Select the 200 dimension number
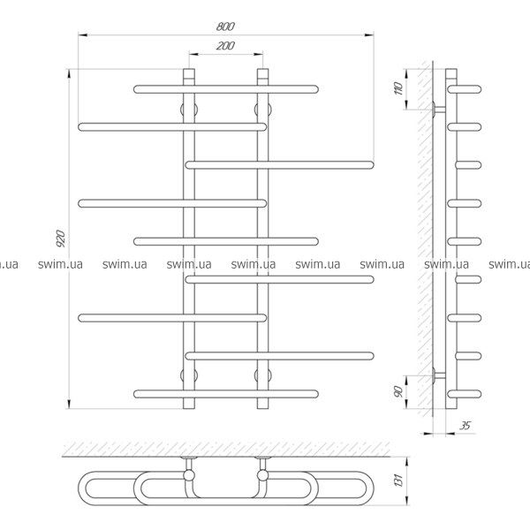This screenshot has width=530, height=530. point(224,46)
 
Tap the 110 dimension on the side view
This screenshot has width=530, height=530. point(398,87)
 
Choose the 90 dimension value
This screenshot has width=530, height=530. point(398,390)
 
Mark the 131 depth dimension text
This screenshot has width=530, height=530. point(398,481)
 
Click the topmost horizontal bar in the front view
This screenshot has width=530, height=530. point(225,88)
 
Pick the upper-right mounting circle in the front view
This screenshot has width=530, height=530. point(261,110)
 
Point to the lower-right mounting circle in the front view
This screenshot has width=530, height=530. point(261,375)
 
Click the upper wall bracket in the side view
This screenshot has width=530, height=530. point(438,110)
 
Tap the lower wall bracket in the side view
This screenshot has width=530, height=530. point(438,375)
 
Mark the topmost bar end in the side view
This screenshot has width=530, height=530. point(466,88)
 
